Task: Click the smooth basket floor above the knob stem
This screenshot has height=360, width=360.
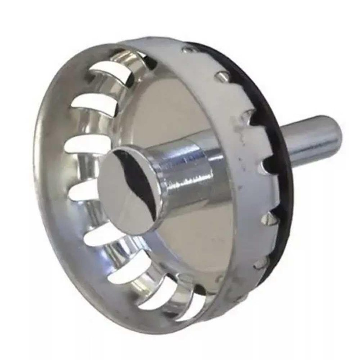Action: point(171,112)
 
